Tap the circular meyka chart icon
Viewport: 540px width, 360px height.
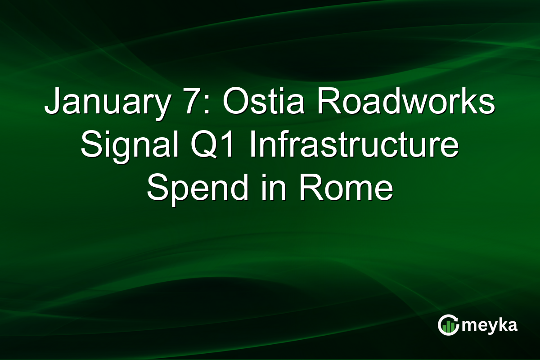point(448,325)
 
